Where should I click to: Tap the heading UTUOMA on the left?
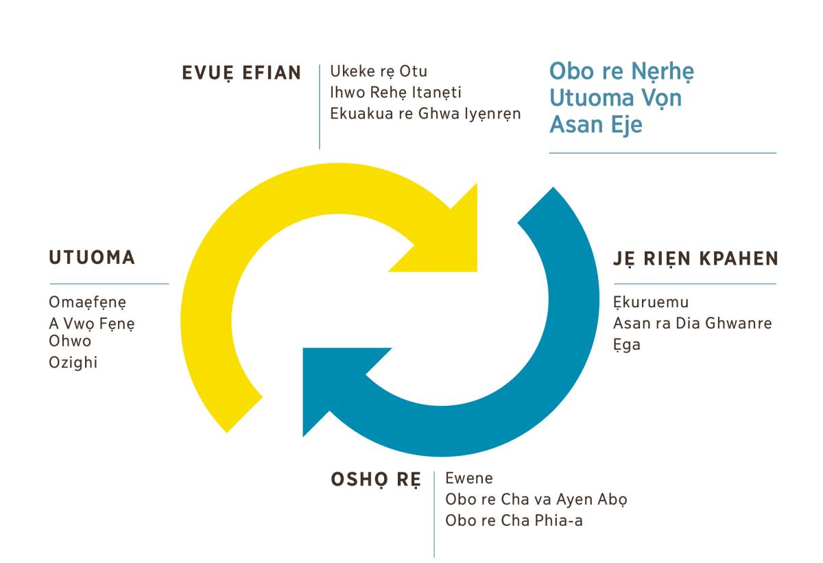(92, 259)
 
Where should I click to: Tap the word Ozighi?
(73, 362)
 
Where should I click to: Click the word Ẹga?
(627, 345)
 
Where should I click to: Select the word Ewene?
(469, 478)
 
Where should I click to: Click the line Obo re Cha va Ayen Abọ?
(536, 499)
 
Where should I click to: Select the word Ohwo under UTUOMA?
(69, 341)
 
